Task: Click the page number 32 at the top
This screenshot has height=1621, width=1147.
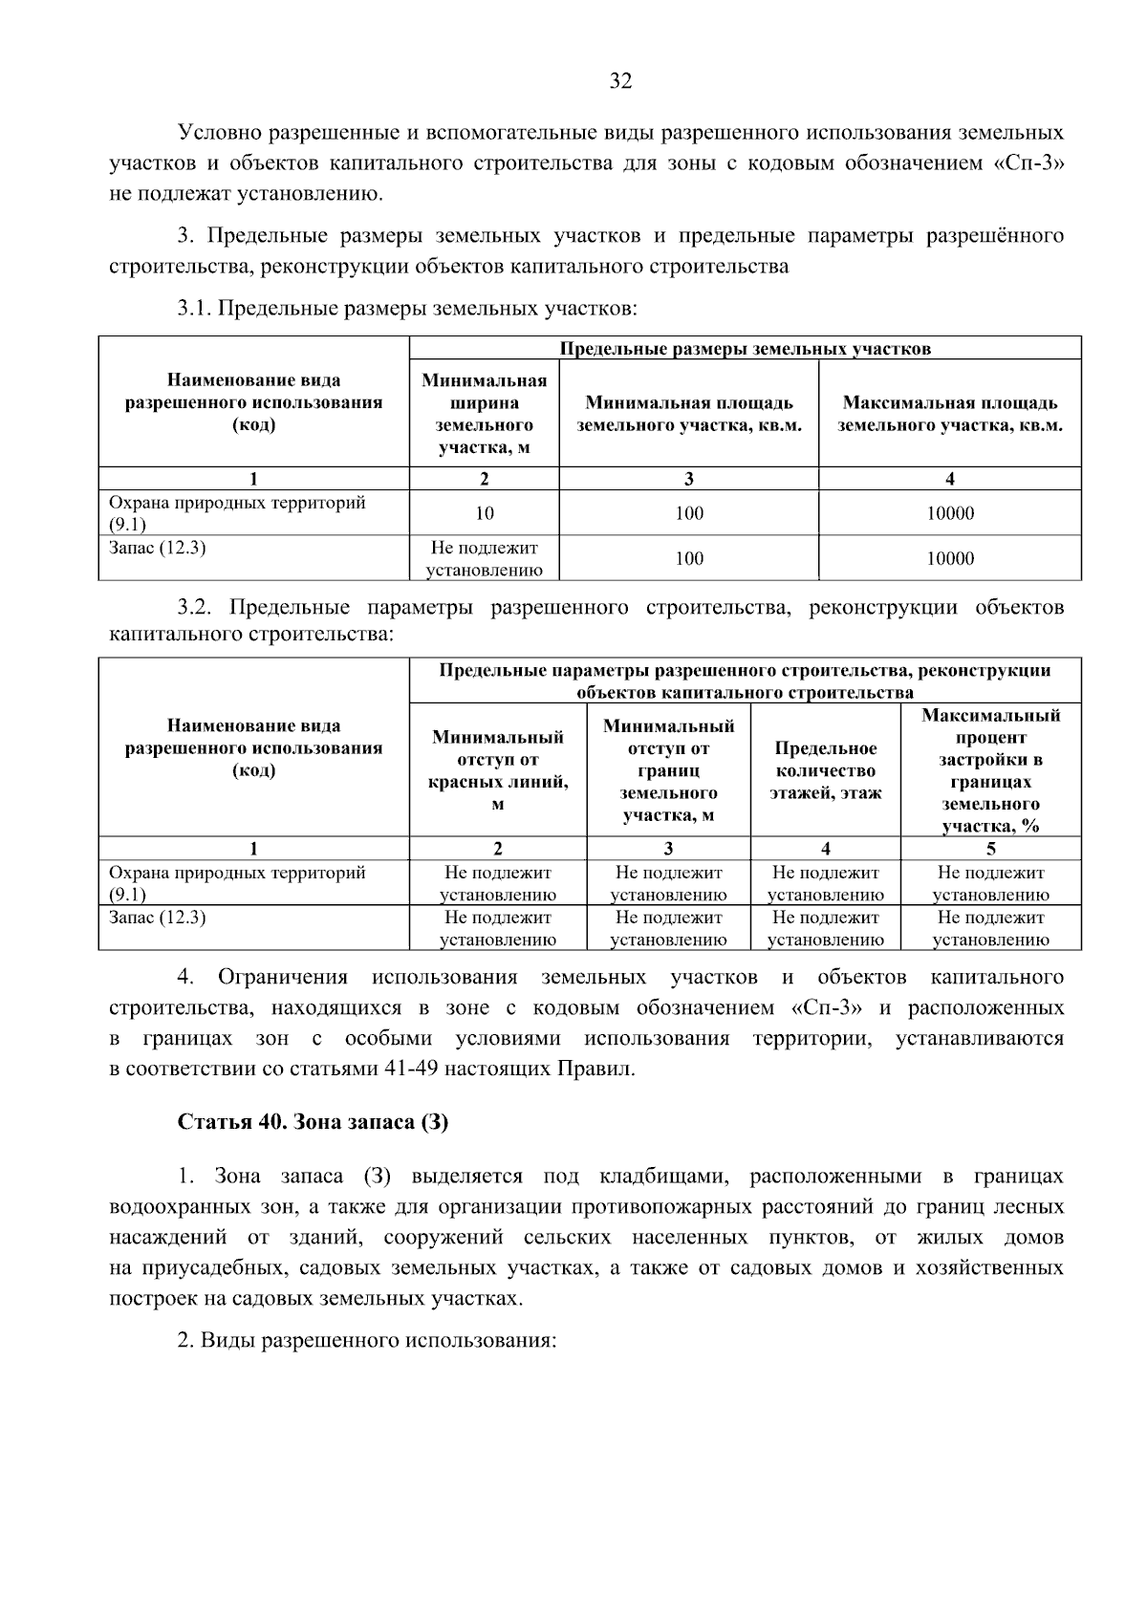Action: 620,81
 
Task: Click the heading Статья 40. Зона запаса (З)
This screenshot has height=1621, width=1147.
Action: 313,1122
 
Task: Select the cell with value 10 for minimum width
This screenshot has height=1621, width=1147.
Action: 485,513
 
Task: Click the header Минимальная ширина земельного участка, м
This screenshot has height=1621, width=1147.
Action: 485,413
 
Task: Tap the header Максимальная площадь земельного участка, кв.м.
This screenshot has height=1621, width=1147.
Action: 950,414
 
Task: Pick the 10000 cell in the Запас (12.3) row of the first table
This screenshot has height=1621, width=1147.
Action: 950,558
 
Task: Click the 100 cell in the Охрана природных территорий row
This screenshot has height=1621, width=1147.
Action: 688,513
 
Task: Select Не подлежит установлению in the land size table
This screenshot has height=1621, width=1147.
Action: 485,559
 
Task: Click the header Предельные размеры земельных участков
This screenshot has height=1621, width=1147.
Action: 745,349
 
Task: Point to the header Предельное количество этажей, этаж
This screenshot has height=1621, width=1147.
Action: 826,770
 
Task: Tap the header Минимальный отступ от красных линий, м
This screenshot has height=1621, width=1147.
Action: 497,770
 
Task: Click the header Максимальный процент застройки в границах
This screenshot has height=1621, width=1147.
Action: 990,770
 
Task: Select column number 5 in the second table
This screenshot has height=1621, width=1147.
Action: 990,849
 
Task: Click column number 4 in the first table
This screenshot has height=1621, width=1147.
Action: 950,479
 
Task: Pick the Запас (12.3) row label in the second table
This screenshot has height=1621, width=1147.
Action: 159,919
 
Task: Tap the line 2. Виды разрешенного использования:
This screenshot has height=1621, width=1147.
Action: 367,1340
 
